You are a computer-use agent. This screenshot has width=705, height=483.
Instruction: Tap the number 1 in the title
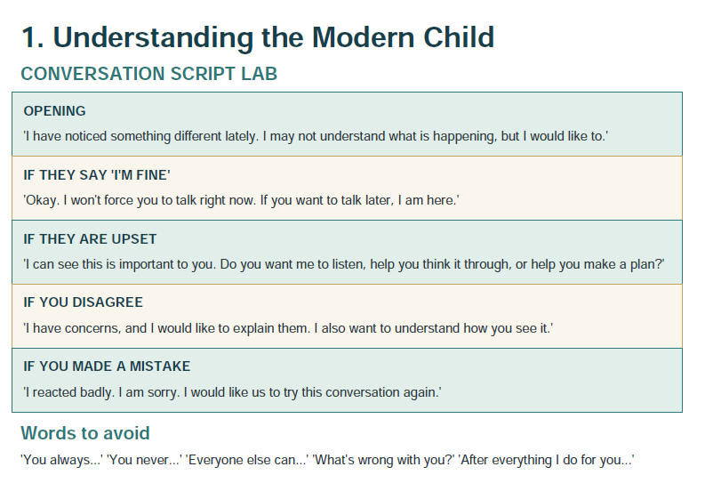tap(29, 36)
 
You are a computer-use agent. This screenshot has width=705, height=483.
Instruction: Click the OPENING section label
tap(54, 111)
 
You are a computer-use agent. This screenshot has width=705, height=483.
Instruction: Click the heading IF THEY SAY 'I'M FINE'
tap(97, 175)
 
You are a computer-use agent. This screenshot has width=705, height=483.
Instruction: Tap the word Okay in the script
tap(42, 200)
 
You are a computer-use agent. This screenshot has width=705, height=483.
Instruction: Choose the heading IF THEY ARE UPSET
tap(90, 238)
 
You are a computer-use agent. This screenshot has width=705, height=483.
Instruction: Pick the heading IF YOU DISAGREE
tap(84, 302)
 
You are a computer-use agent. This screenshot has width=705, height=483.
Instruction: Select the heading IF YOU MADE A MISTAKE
tap(107, 366)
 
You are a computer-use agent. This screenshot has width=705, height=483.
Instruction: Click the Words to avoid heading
tap(85, 433)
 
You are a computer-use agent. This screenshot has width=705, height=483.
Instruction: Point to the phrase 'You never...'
tap(144, 460)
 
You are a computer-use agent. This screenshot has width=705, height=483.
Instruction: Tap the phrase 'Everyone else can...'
tap(247, 460)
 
